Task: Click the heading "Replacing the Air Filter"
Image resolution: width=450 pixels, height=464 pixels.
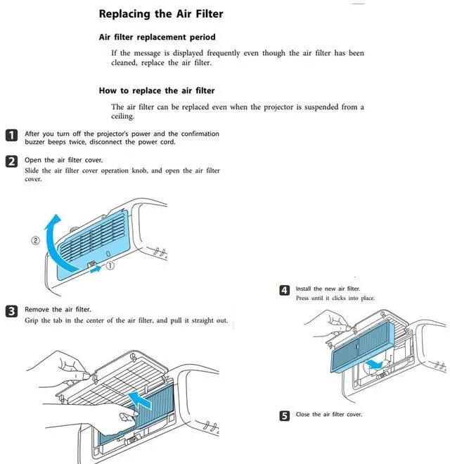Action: click(x=161, y=13)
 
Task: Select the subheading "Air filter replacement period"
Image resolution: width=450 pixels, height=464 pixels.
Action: click(x=157, y=37)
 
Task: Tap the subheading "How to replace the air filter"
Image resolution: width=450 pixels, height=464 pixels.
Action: click(x=156, y=91)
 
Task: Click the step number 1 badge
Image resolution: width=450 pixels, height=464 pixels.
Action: click(x=12, y=135)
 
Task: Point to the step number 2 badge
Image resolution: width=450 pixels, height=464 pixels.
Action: click(x=12, y=161)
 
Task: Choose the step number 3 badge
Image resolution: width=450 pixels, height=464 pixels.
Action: click(x=12, y=311)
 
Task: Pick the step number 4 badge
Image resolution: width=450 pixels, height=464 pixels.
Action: click(x=284, y=290)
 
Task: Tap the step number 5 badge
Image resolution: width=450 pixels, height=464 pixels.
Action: click(x=284, y=416)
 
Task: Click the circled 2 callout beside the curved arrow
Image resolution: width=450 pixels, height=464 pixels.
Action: click(x=35, y=240)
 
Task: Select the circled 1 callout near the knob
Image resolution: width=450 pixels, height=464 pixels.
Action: click(x=110, y=267)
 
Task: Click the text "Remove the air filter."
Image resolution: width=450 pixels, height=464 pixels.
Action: click(x=58, y=309)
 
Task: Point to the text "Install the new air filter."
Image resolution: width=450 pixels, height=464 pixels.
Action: click(x=328, y=289)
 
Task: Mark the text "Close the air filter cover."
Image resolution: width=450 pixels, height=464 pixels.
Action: click(x=328, y=415)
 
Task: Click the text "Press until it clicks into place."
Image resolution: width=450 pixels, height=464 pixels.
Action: click(x=335, y=299)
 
